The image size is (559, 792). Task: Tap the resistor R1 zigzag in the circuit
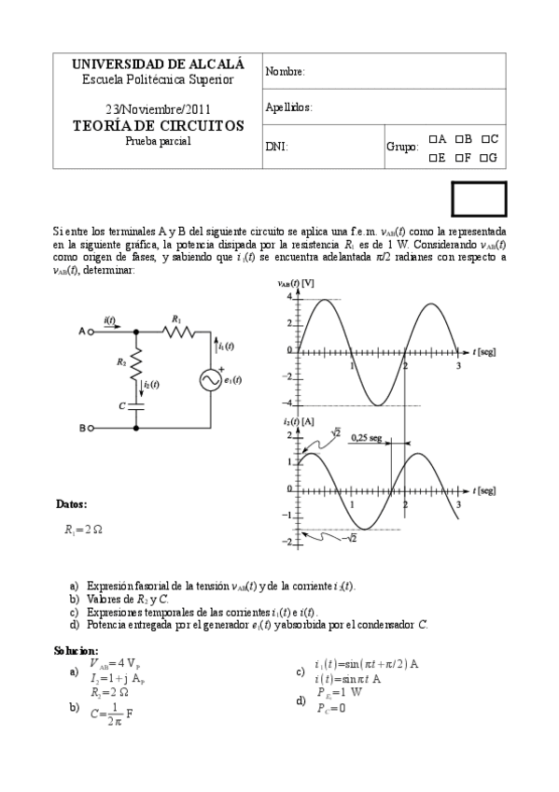[x=176, y=331]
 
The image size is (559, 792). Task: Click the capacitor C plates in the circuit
[x=136, y=405]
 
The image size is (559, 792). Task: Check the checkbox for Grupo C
[x=484, y=139]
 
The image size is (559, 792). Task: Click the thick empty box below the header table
[x=479, y=198]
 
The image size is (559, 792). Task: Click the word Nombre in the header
[x=286, y=72]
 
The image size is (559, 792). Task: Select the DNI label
[x=276, y=147]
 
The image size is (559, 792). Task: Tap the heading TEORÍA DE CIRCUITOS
[x=159, y=125]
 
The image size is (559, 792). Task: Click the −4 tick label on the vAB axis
[x=288, y=403]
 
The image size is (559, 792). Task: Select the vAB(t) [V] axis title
[x=296, y=283]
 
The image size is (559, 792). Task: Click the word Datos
[x=72, y=504]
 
